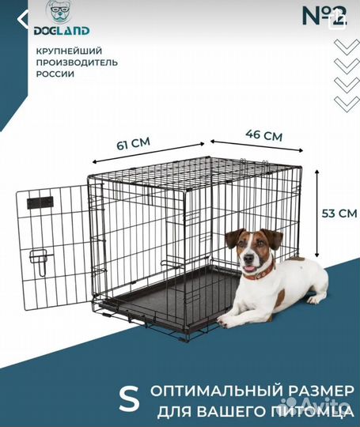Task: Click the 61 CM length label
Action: tap(133, 144)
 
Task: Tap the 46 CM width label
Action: tap(264, 134)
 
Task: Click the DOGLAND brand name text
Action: tap(62, 31)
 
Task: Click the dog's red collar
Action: tap(259, 274)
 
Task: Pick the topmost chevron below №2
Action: tap(346, 45)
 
